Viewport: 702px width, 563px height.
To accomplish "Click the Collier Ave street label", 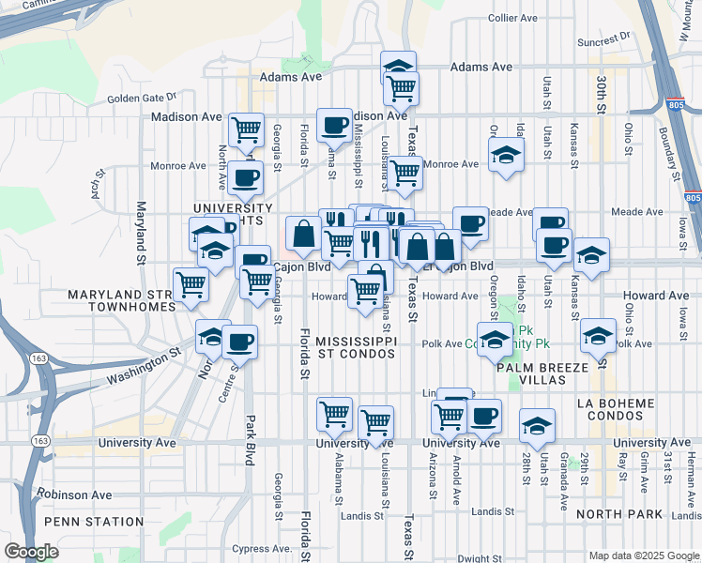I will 513,18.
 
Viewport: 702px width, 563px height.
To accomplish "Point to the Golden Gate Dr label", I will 142,97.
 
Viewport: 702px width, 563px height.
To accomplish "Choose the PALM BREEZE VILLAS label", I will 544,373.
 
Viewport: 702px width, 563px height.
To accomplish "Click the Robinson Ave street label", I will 74,495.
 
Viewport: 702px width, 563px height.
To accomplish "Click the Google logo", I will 31,552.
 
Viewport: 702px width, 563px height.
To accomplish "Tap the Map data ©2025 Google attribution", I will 643,555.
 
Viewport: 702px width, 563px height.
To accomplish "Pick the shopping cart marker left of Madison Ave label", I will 246,129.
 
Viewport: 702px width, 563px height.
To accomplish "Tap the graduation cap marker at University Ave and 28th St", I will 537,426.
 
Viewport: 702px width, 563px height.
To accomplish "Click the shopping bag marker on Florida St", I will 305,234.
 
